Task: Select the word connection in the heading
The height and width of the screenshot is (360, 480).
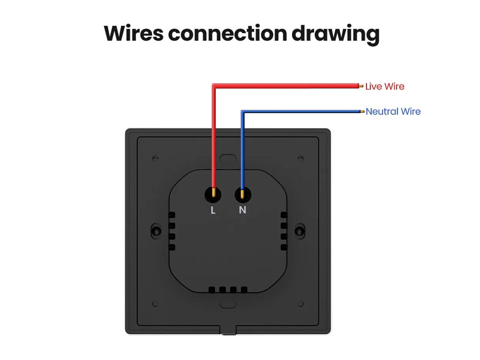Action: pyautogui.click(x=227, y=34)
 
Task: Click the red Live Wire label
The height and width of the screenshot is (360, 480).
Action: pyautogui.click(x=384, y=86)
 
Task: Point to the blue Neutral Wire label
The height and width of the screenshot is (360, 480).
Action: pyautogui.click(x=393, y=112)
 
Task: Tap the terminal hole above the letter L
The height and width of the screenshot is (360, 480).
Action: pyautogui.click(x=214, y=194)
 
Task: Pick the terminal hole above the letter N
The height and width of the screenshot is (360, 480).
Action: pyautogui.click(x=242, y=194)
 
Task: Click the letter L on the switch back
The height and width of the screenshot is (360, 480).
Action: pyautogui.click(x=213, y=210)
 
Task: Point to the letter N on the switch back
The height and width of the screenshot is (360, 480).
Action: pyautogui.click(x=242, y=210)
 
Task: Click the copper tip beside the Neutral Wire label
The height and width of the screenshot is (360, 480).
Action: pyautogui.click(x=362, y=112)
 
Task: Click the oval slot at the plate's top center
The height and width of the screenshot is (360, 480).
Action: pyautogui.click(x=228, y=158)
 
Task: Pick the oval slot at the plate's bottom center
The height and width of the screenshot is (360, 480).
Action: pyautogui.click(x=228, y=304)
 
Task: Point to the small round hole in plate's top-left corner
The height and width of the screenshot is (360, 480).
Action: pyautogui.click(x=156, y=158)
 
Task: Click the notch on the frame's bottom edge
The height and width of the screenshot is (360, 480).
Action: pyautogui.click(x=228, y=333)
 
